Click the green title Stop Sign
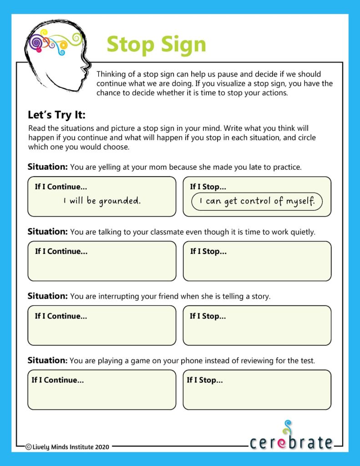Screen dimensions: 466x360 [156, 44]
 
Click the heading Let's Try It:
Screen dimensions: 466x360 [56, 115]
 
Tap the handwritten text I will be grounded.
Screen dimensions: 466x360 [102, 201]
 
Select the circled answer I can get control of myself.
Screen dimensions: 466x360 [257, 201]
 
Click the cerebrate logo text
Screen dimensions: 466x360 [291, 442]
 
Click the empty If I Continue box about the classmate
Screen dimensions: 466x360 [101, 266]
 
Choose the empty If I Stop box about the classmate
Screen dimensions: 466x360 [257, 266]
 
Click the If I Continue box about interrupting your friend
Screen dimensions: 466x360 [101, 330]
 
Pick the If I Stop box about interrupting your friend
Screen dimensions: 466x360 [257, 330]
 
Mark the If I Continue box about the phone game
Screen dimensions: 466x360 [101, 395]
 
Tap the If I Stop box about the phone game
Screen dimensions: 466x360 [257, 395]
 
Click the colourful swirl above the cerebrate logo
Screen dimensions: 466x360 [286, 428]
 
